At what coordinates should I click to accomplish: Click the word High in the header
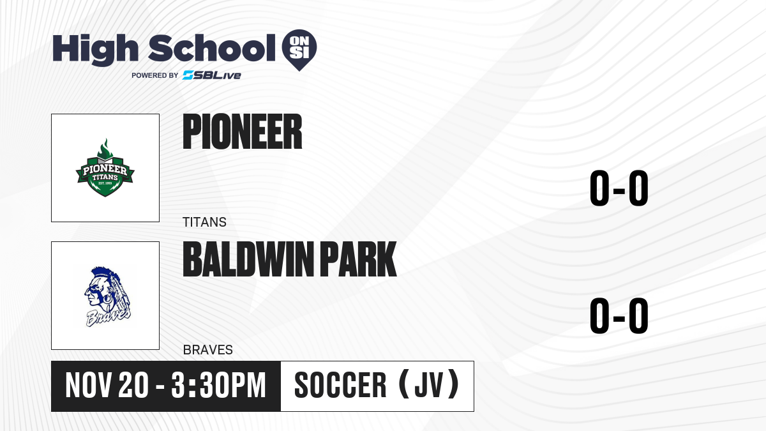tap(95, 50)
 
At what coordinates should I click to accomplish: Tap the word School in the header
tap(212, 48)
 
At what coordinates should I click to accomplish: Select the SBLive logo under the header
tap(212, 75)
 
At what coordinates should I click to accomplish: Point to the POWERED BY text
tap(155, 75)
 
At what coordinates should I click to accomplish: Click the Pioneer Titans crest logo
tap(105, 167)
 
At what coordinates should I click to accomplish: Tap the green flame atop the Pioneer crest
tap(105, 149)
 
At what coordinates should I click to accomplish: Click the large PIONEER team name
tap(243, 132)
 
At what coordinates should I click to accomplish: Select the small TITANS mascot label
tap(204, 222)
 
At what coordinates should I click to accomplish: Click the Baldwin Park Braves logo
tap(107, 296)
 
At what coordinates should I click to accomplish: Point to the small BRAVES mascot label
tap(208, 350)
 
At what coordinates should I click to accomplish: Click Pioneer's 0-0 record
tap(619, 188)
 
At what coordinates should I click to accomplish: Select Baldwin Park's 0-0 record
tap(619, 315)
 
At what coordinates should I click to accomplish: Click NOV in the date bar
tap(88, 386)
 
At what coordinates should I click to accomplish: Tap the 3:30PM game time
tap(218, 386)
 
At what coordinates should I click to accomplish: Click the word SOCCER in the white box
tap(340, 386)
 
